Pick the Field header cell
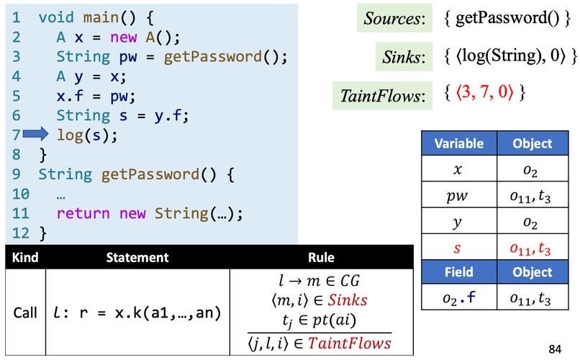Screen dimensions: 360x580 (x=459, y=272)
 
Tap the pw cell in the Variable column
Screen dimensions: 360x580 (x=459, y=196)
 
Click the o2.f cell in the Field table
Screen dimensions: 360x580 (x=459, y=298)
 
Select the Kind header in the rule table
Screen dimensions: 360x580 (x=24, y=257)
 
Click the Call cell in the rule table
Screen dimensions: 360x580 (x=24, y=312)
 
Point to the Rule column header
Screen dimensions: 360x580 (x=320, y=257)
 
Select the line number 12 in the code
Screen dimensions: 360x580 (x=20, y=233)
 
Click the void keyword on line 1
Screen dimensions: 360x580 (x=55, y=15)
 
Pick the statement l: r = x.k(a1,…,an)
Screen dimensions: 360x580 (x=136, y=312)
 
